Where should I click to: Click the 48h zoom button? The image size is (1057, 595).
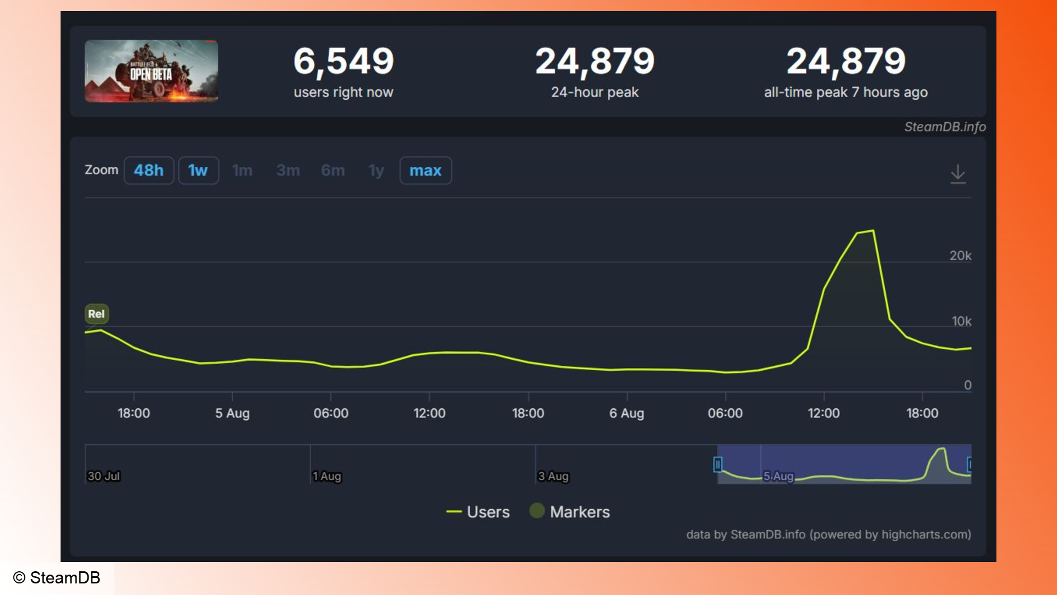coord(149,170)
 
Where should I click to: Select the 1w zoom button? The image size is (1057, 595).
coord(198,170)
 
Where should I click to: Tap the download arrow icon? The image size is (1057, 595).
coord(958,174)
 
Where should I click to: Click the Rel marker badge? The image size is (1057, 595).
coord(96,314)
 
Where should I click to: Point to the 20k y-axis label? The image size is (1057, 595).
coord(960,256)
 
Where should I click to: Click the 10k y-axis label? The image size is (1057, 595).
coord(961,321)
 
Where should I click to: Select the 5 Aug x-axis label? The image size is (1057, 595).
coord(232,413)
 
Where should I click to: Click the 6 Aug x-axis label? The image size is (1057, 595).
coord(626,413)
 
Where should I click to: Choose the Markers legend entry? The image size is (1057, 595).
coord(570,512)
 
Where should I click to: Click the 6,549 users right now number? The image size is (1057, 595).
coord(344,61)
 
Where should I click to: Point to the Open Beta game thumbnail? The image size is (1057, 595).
coord(151,71)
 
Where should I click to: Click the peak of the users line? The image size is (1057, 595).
coord(873,231)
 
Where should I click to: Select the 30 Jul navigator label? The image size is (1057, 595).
coord(103,476)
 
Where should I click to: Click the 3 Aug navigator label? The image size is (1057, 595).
coord(553,476)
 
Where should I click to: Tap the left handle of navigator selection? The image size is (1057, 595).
coord(718,464)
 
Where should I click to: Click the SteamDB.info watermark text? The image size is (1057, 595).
coord(945,127)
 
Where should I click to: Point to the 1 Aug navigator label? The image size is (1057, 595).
coord(327,476)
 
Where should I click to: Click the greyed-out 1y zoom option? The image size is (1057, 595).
coord(376,170)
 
